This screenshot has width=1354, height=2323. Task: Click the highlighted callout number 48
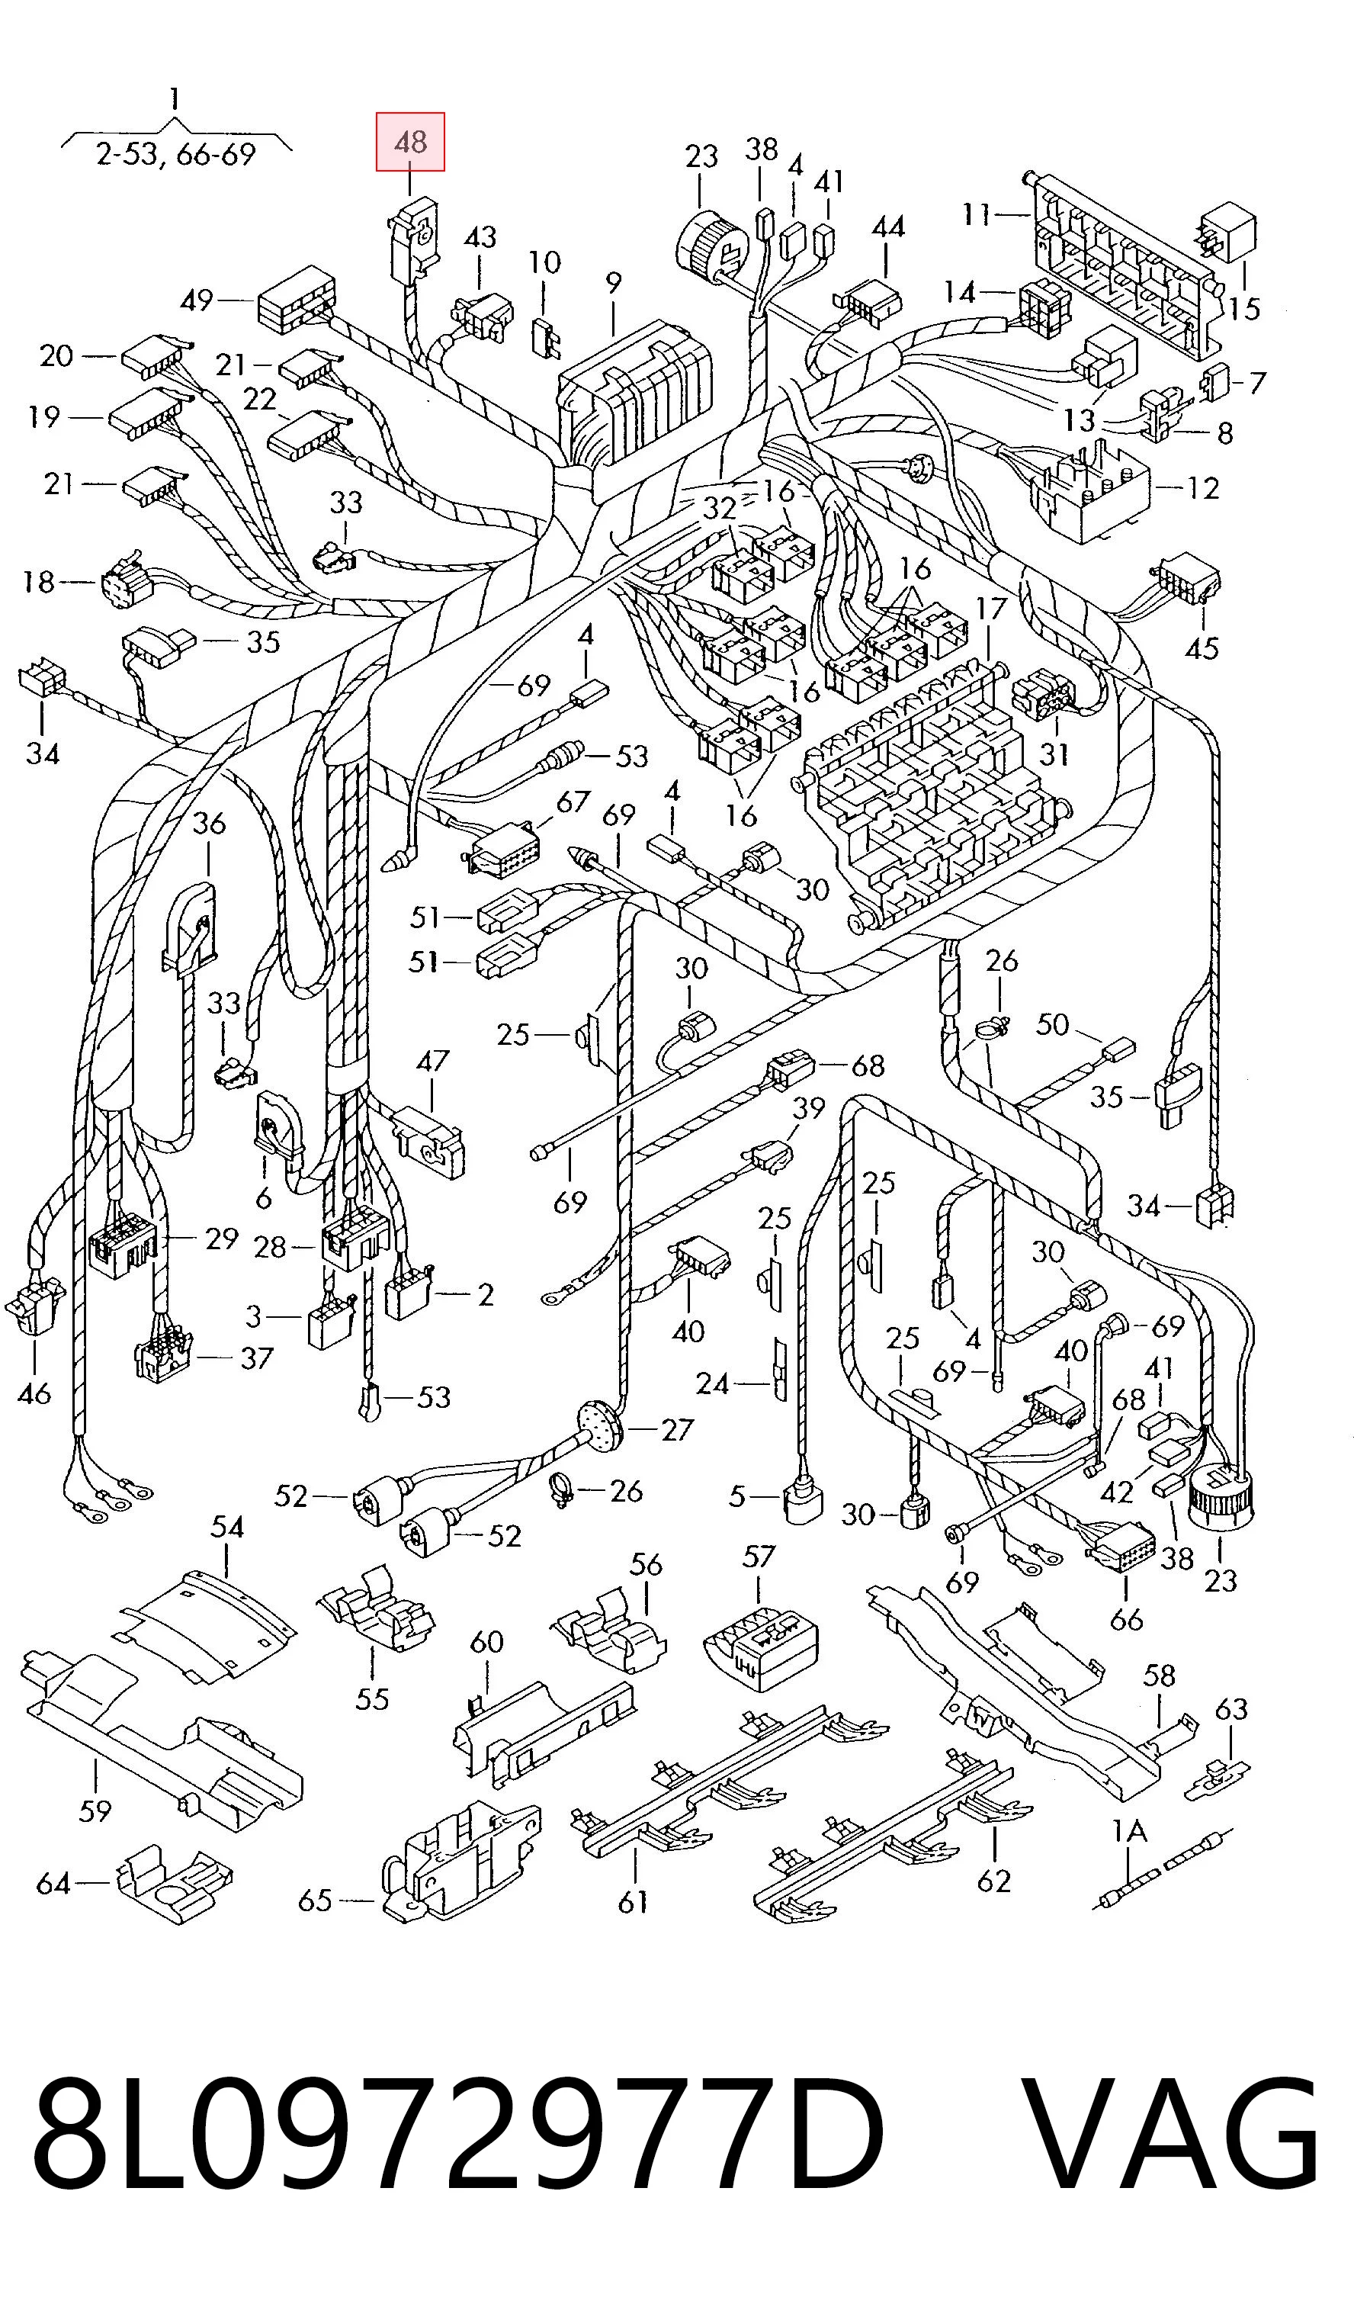410,142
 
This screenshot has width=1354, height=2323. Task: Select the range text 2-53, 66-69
176,154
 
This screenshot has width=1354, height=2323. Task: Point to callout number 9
613,284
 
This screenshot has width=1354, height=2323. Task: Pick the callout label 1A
1129,1832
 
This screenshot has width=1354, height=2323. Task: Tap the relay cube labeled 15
1227,233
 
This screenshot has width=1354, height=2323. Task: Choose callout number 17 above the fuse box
991,609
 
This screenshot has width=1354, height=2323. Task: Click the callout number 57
759,1557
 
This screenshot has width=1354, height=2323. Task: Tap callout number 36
209,823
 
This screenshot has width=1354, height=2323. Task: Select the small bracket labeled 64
174,1884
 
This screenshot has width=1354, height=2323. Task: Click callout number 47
432,1061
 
